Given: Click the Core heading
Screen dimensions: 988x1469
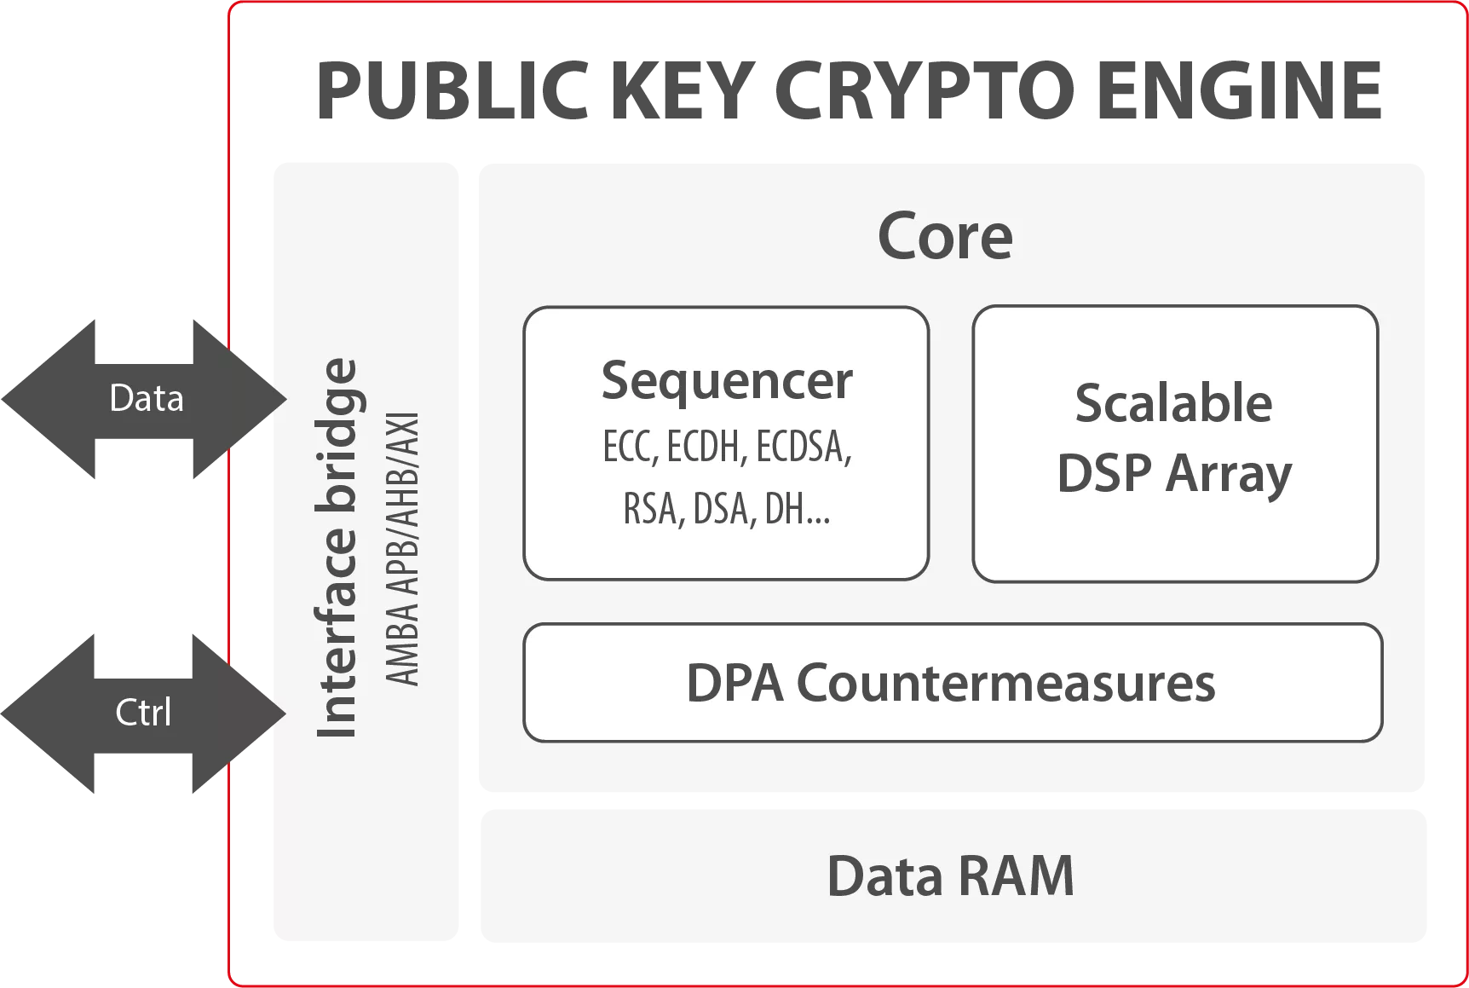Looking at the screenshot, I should point(945,236).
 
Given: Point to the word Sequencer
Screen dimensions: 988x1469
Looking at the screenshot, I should point(726,380).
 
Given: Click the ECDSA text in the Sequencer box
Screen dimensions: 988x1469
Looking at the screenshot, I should point(804,447).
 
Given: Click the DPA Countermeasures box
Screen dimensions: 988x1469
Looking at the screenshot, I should point(952,683).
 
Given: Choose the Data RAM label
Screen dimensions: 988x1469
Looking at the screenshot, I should point(950,876).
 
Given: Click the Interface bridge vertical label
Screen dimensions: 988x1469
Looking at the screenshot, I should point(337,548).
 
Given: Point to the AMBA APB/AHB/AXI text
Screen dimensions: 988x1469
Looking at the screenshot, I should point(402,548).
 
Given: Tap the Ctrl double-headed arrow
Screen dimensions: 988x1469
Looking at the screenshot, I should point(143,713).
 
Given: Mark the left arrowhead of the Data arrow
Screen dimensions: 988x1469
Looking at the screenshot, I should point(43,398).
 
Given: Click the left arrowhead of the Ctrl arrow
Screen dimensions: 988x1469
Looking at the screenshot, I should point(43,713).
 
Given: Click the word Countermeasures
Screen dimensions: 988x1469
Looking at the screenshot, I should point(1005,683).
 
